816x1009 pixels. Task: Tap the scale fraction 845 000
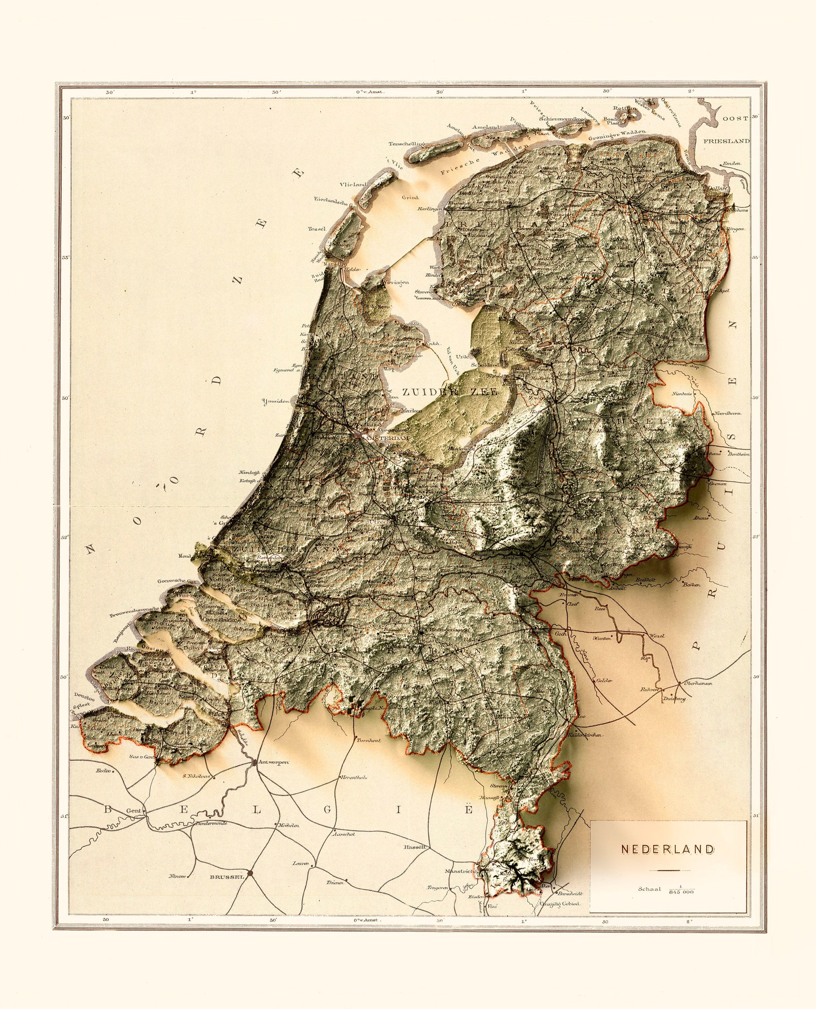point(681,892)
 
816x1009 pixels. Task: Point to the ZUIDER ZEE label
point(450,392)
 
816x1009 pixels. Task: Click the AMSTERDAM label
point(386,438)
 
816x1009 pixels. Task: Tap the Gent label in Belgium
point(134,811)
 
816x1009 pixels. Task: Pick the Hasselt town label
point(415,847)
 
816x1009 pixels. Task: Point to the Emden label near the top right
point(731,163)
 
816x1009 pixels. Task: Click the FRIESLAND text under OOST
point(726,141)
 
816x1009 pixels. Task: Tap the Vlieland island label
point(353,184)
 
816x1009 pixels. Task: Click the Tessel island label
point(317,229)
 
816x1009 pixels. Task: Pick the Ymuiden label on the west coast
point(275,401)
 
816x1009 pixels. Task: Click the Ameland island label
point(486,127)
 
